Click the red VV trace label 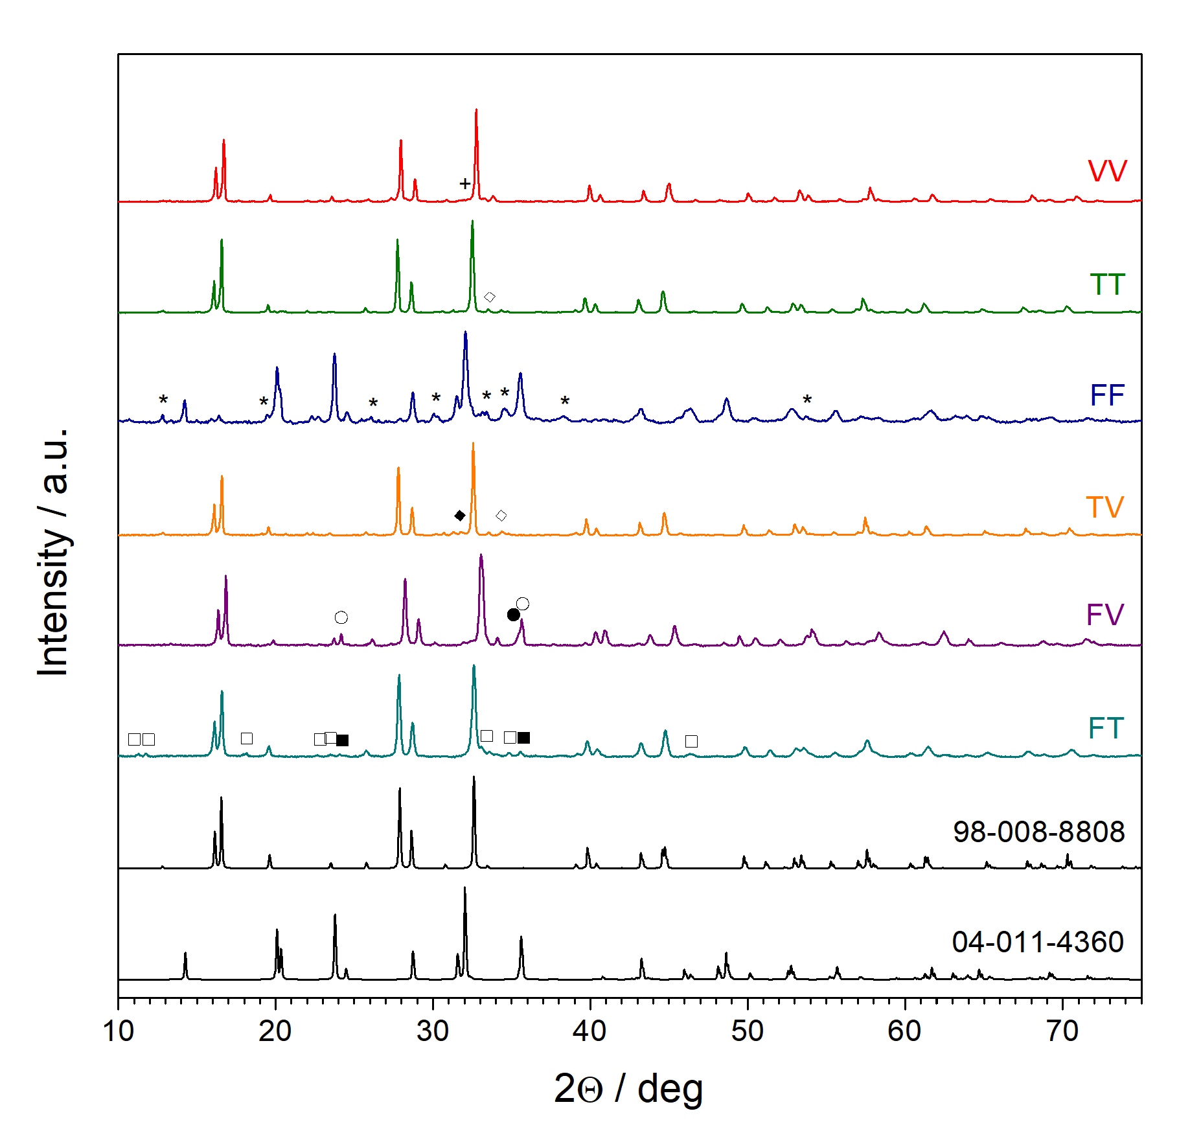pyautogui.click(x=1106, y=172)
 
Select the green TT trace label pyautogui.click(x=1106, y=284)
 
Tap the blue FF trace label pyautogui.click(x=1106, y=395)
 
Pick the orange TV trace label pyautogui.click(x=1104, y=507)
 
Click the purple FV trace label pyautogui.click(x=1104, y=615)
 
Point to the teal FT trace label pyautogui.click(x=1105, y=728)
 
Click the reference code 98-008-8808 pyautogui.click(x=1038, y=832)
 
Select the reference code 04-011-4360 pyautogui.click(x=1038, y=942)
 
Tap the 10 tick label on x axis pyautogui.click(x=119, y=1031)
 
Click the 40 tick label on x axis pyautogui.click(x=589, y=1031)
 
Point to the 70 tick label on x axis pyautogui.click(x=1062, y=1031)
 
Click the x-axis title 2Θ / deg pyautogui.click(x=628, y=1088)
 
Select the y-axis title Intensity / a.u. pyautogui.click(x=53, y=551)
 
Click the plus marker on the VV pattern pyautogui.click(x=464, y=184)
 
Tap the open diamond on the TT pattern pyautogui.click(x=490, y=297)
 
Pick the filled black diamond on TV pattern pyautogui.click(x=460, y=516)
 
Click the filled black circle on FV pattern pyautogui.click(x=513, y=615)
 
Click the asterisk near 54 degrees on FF pyautogui.click(x=807, y=400)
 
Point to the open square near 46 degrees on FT pyautogui.click(x=691, y=741)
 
